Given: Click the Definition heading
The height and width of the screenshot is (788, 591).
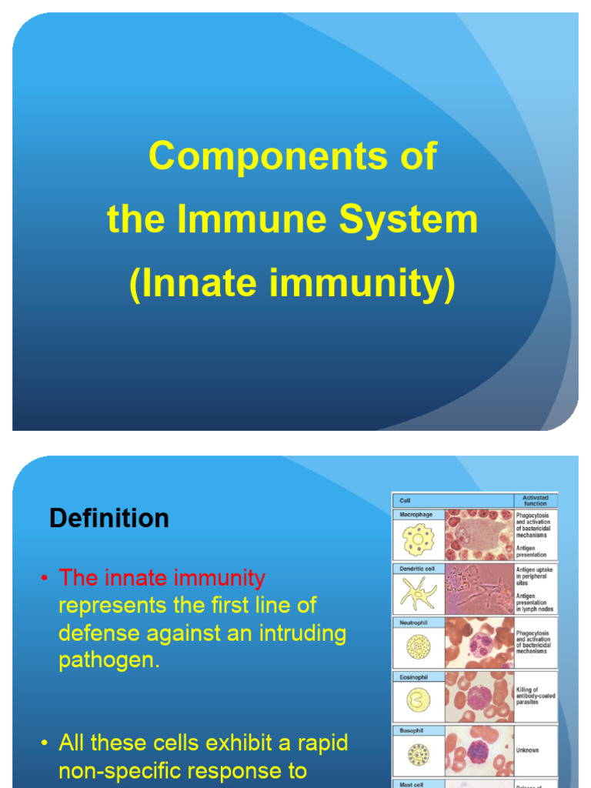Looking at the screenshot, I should [x=109, y=518].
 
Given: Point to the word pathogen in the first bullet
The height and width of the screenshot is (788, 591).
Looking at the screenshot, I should [x=109, y=661].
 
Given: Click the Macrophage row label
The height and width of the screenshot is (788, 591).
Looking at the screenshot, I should [x=415, y=514].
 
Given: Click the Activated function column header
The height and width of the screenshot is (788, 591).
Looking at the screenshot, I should [x=535, y=500].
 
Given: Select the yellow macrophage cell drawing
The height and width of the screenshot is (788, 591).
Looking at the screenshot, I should [x=419, y=539].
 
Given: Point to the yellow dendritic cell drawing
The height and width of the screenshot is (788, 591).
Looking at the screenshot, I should [x=419, y=593].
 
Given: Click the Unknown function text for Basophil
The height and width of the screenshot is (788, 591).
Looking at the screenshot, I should [x=528, y=750].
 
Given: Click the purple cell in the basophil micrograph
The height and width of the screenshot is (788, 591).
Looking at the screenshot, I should [x=479, y=751].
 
